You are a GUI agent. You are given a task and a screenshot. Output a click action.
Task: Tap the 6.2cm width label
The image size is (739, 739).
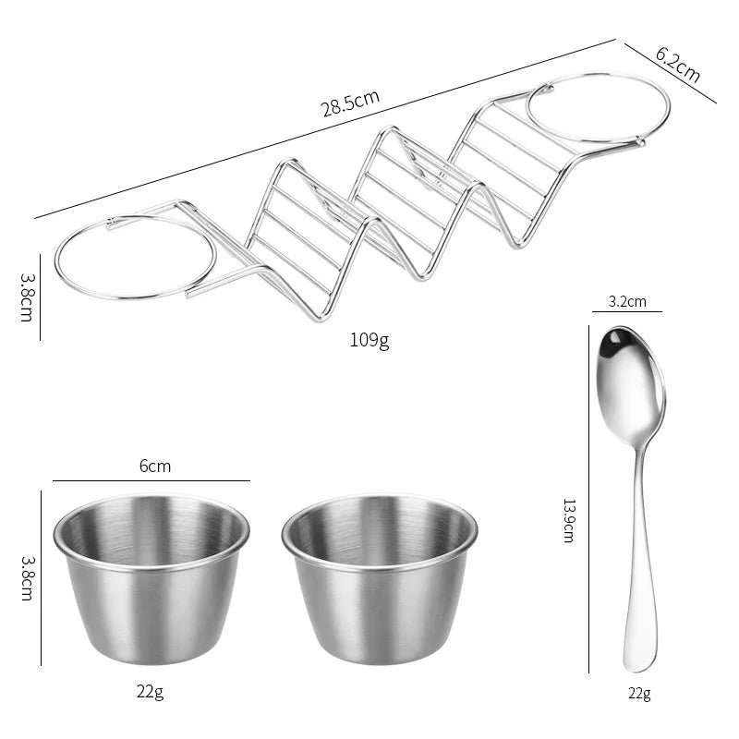click(x=678, y=65)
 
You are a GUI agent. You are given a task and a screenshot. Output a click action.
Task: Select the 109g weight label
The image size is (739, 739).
click(x=369, y=340)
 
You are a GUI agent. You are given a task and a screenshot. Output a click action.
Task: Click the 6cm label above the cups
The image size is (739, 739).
click(x=155, y=466)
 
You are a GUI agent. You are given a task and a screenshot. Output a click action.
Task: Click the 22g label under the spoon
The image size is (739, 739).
click(x=638, y=694)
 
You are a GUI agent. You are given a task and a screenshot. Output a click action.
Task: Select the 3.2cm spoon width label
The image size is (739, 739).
click(x=627, y=301)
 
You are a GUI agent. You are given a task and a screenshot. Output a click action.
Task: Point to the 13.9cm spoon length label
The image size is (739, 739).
click(x=569, y=520)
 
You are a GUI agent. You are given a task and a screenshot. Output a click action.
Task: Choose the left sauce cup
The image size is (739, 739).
click(x=151, y=577)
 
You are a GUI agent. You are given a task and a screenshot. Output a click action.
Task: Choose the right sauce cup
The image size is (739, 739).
click(x=380, y=577)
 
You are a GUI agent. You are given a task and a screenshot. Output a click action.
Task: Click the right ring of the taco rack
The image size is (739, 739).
click(x=599, y=107)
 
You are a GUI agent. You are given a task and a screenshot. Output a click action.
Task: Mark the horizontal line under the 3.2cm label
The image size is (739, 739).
click(x=627, y=312)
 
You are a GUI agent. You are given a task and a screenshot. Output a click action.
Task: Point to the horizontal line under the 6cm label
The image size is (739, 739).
click(x=151, y=480)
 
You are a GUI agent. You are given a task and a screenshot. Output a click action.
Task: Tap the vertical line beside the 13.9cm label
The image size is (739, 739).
click(x=589, y=499)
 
